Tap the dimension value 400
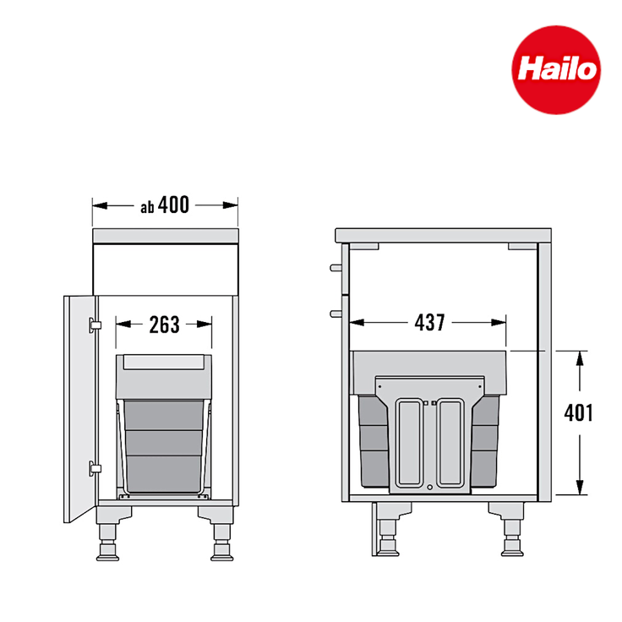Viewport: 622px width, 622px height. pyautogui.click(x=173, y=205)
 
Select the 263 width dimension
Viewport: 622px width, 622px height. pyautogui.click(x=164, y=324)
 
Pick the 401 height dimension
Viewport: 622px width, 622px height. pyautogui.click(x=580, y=413)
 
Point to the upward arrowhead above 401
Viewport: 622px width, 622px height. pyautogui.click(x=580, y=358)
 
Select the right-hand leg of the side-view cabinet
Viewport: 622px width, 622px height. pyautogui.click(x=510, y=532)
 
